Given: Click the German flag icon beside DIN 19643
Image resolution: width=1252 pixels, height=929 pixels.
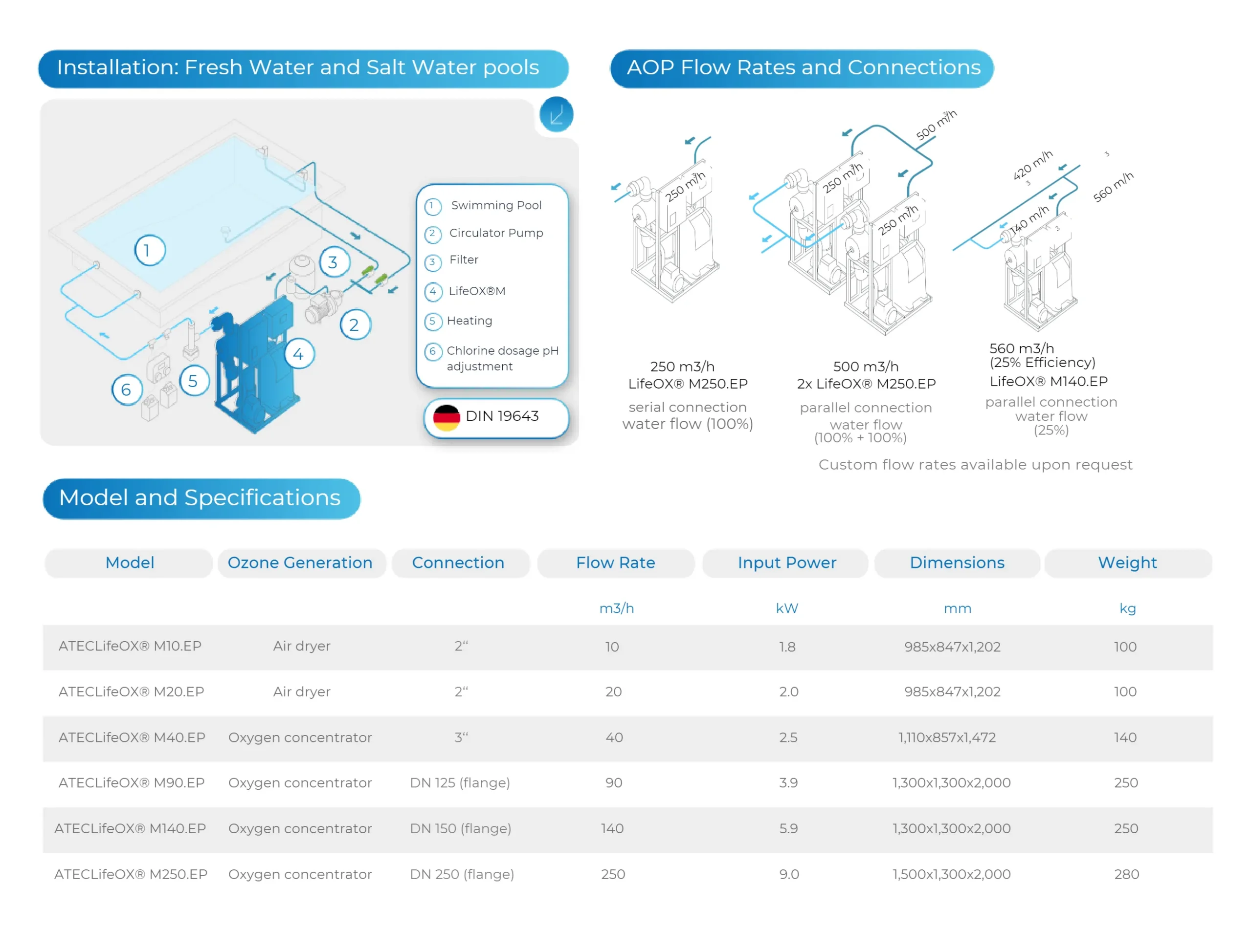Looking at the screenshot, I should tap(446, 418).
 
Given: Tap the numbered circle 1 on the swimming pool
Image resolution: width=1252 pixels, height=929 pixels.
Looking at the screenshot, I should tap(150, 250).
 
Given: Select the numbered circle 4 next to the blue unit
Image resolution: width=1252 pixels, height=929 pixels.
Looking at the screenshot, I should tap(298, 354).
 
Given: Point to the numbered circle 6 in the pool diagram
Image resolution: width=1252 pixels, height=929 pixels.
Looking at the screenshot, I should tap(126, 389).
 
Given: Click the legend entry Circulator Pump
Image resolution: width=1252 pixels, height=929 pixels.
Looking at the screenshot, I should tap(496, 233).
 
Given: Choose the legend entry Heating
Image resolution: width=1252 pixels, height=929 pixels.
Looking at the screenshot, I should tap(469, 321).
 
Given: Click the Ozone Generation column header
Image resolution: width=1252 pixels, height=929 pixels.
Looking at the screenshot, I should tap(300, 563).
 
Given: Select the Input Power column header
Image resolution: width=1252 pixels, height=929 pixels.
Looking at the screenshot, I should tap(786, 563).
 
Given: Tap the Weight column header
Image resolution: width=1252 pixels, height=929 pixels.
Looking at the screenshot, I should tap(1127, 563).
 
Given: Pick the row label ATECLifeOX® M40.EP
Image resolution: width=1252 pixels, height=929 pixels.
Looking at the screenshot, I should tap(132, 737).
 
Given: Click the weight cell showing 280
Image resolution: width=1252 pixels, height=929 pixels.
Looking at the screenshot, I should tap(1126, 874).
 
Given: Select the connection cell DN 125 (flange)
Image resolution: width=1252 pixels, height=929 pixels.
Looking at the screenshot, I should tap(460, 783).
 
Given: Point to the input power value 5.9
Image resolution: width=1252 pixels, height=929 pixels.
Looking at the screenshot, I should tap(788, 828).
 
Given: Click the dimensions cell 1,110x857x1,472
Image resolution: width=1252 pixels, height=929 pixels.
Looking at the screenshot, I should tap(946, 737).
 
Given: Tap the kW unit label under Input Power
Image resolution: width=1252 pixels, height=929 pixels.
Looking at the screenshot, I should tap(786, 608).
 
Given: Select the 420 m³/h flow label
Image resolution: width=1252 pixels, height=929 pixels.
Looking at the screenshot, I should tap(1032, 165).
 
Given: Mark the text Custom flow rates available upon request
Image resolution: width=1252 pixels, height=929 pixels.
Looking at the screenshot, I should tap(975, 464).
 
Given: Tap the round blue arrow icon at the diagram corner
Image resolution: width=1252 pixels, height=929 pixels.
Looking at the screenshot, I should tap(556, 115).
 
